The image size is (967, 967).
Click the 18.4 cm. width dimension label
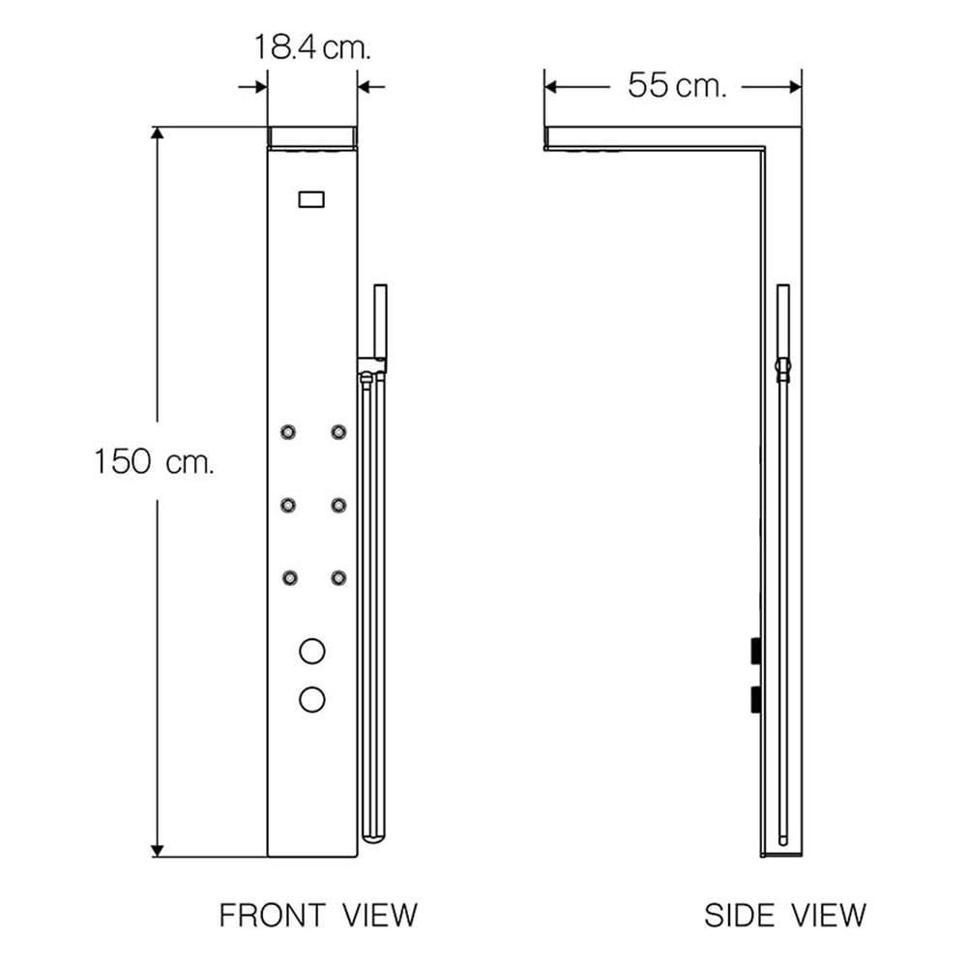tap(312, 47)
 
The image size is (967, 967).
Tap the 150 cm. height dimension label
tap(154, 461)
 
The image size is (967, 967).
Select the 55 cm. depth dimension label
tap(677, 85)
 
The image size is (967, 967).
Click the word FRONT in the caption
tap(272, 915)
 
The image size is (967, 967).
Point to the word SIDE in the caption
tap(739, 915)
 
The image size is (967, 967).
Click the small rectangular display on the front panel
tap(311, 199)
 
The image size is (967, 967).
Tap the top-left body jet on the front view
tap(288, 431)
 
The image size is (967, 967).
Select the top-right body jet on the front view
tap(338, 431)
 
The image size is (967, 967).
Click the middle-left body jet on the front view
tap(288, 505)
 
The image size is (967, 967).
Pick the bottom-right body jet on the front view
tap(338, 578)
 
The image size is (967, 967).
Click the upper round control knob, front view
tap(312, 651)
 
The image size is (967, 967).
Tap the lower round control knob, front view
tap(312, 699)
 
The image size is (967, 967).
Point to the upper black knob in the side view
tap(755, 651)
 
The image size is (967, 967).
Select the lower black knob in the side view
tap(755, 699)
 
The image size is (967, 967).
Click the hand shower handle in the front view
tap(380, 321)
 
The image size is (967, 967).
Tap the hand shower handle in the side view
tap(783, 321)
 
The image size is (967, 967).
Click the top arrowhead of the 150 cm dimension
tap(158, 133)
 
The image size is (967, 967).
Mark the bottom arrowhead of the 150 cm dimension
tap(158, 850)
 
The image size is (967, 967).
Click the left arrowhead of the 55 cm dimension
tap(551, 87)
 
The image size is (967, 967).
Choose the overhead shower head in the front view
tap(312, 137)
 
